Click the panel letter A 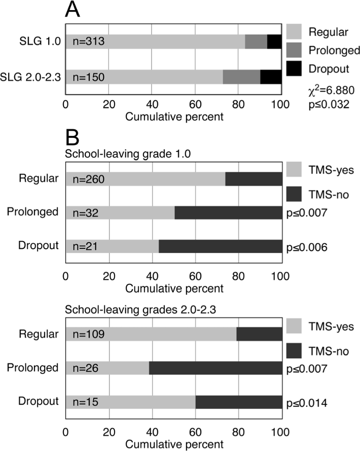(75, 11)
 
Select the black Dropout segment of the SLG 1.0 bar (274, 42)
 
